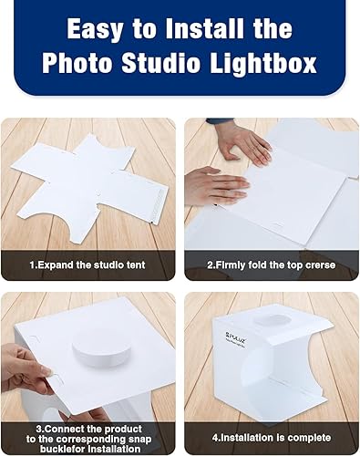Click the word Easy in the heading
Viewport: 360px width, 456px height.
(x=94, y=29)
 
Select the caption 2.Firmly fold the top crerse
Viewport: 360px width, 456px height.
(x=272, y=264)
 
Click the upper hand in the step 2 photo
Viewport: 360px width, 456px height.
(x=239, y=140)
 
